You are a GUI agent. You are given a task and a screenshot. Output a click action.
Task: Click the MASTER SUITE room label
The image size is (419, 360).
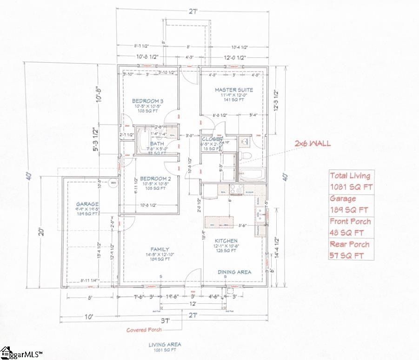tap(233, 90)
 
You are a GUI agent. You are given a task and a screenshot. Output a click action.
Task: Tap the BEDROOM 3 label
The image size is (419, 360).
tap(147, 101)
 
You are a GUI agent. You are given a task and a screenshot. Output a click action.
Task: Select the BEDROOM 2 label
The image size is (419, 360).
tap(147, 179)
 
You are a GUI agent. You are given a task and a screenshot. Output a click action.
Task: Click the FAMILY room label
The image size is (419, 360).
tap(160, 249)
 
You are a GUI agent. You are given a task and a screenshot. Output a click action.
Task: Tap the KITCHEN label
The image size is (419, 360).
tap(226, 240)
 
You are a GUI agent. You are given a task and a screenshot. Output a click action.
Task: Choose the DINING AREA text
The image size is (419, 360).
tap(234, 272)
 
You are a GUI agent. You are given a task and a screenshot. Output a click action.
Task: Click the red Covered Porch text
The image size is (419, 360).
tap(144, 330)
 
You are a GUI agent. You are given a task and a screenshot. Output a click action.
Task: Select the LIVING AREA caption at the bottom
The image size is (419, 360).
tap(165, 345)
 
